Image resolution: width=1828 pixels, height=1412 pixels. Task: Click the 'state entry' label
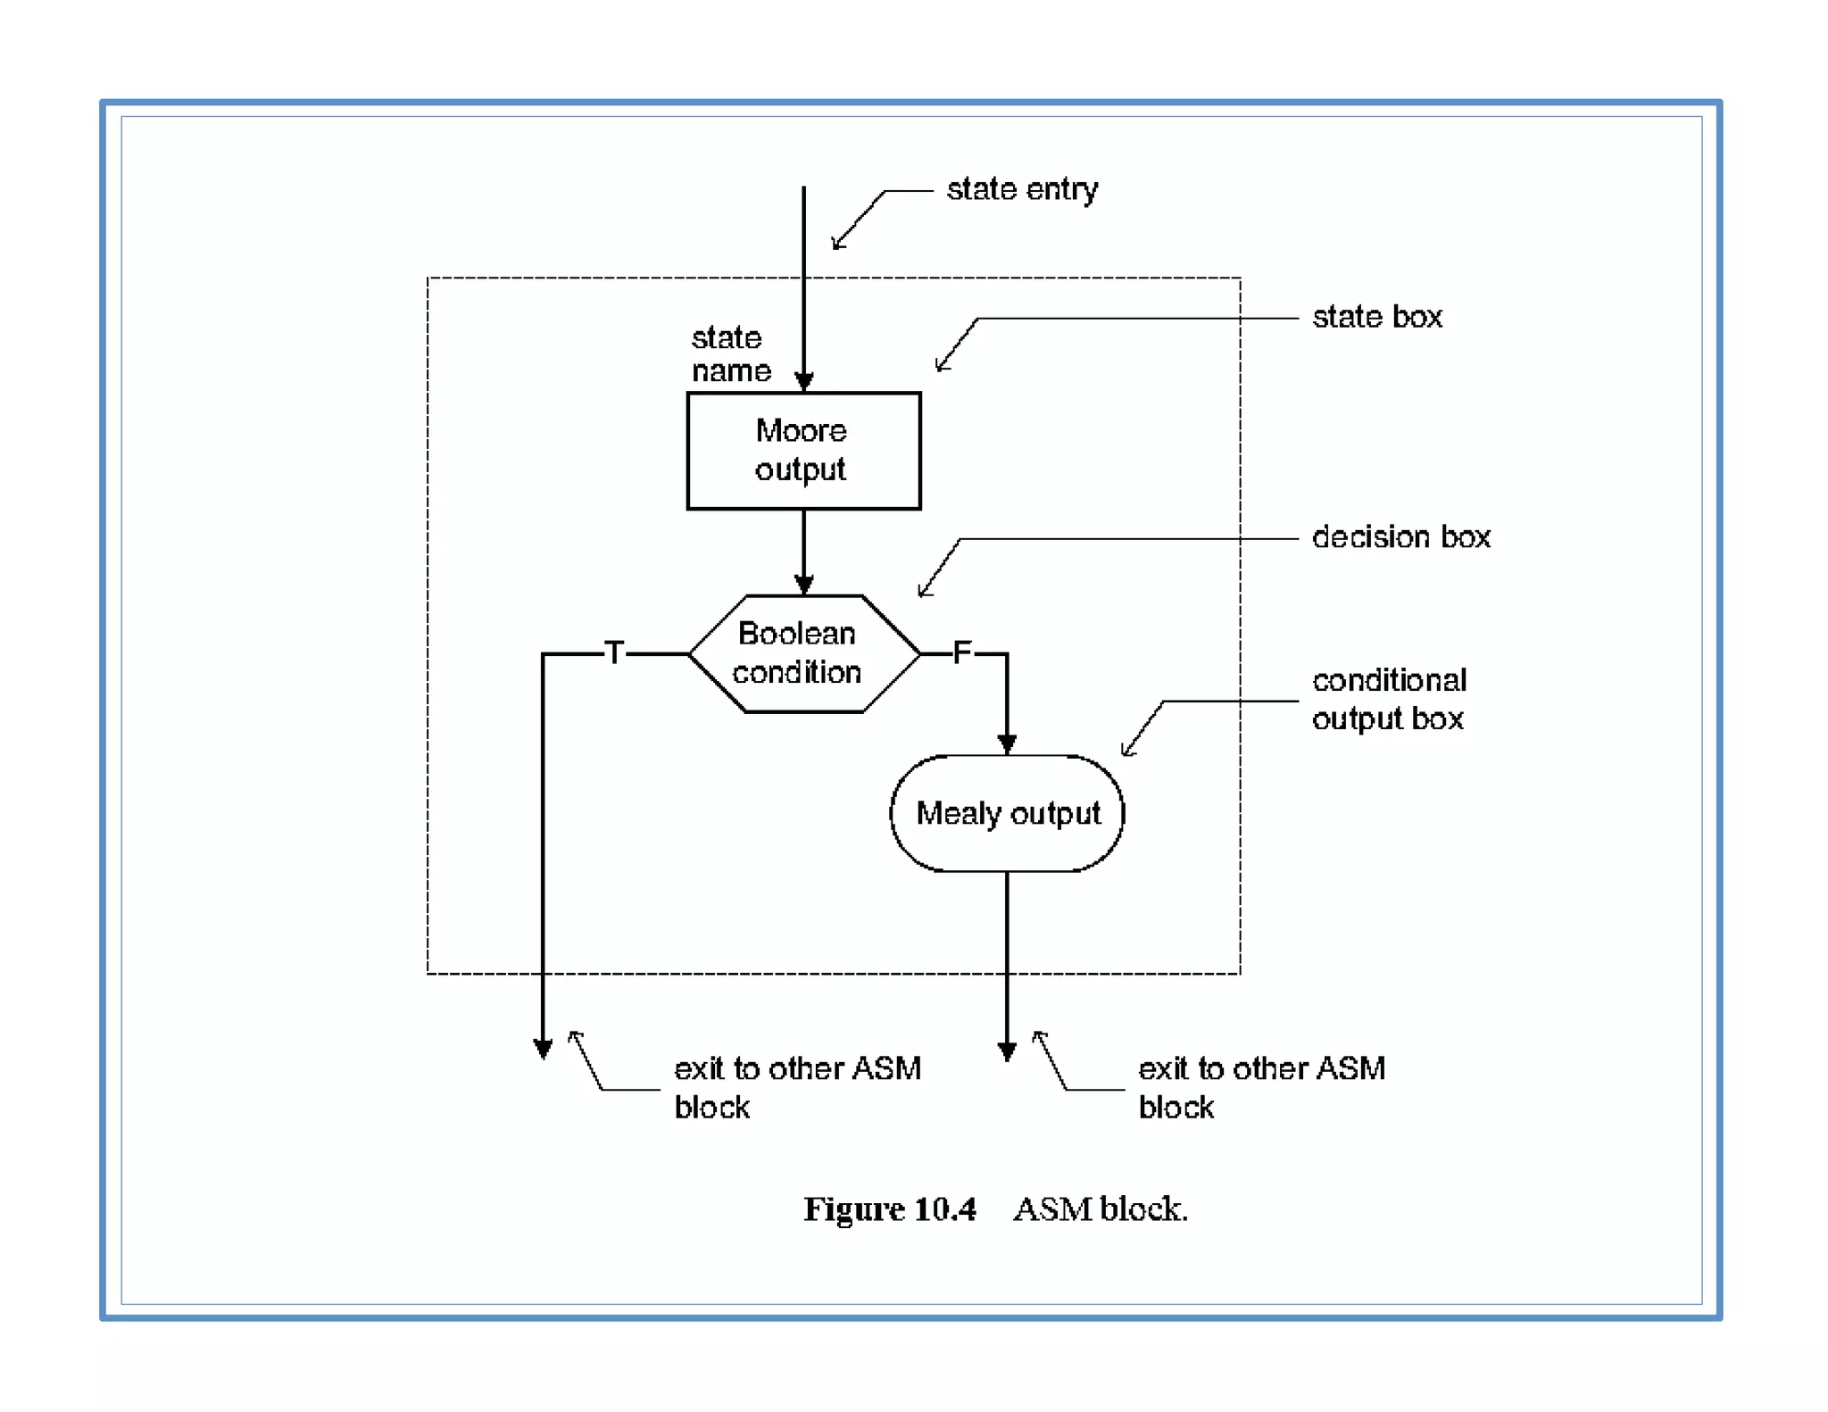point(1021,189)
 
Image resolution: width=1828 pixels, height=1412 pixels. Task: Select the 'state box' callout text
point(1376,317)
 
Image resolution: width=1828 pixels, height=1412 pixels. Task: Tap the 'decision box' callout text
point(1400,537)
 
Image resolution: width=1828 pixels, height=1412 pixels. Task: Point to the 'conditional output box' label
point(1388,699)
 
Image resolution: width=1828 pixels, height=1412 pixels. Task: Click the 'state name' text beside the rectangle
point(729,354)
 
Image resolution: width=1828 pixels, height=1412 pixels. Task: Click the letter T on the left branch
point(614,652)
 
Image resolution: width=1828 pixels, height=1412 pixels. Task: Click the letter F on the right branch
point(961,652)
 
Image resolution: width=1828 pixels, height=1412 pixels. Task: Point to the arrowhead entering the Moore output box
point(803,382)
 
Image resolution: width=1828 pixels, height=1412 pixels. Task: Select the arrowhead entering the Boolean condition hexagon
point(803,585)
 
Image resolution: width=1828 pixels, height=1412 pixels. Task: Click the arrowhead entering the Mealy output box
point(1007,743)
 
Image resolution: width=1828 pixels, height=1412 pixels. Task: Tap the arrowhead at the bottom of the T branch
point(543,1048)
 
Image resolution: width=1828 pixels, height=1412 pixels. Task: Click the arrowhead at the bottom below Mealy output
point(1007,1051)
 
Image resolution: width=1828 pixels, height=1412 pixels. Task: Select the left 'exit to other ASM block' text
point(796,1086)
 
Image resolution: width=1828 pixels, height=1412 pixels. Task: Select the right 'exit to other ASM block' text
point(1260,1086)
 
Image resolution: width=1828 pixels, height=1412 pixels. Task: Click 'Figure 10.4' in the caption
point(889,1209)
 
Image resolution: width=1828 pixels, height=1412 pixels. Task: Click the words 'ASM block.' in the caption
point(1100,1209)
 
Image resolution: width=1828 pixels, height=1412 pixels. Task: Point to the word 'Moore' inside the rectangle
point(801,431)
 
